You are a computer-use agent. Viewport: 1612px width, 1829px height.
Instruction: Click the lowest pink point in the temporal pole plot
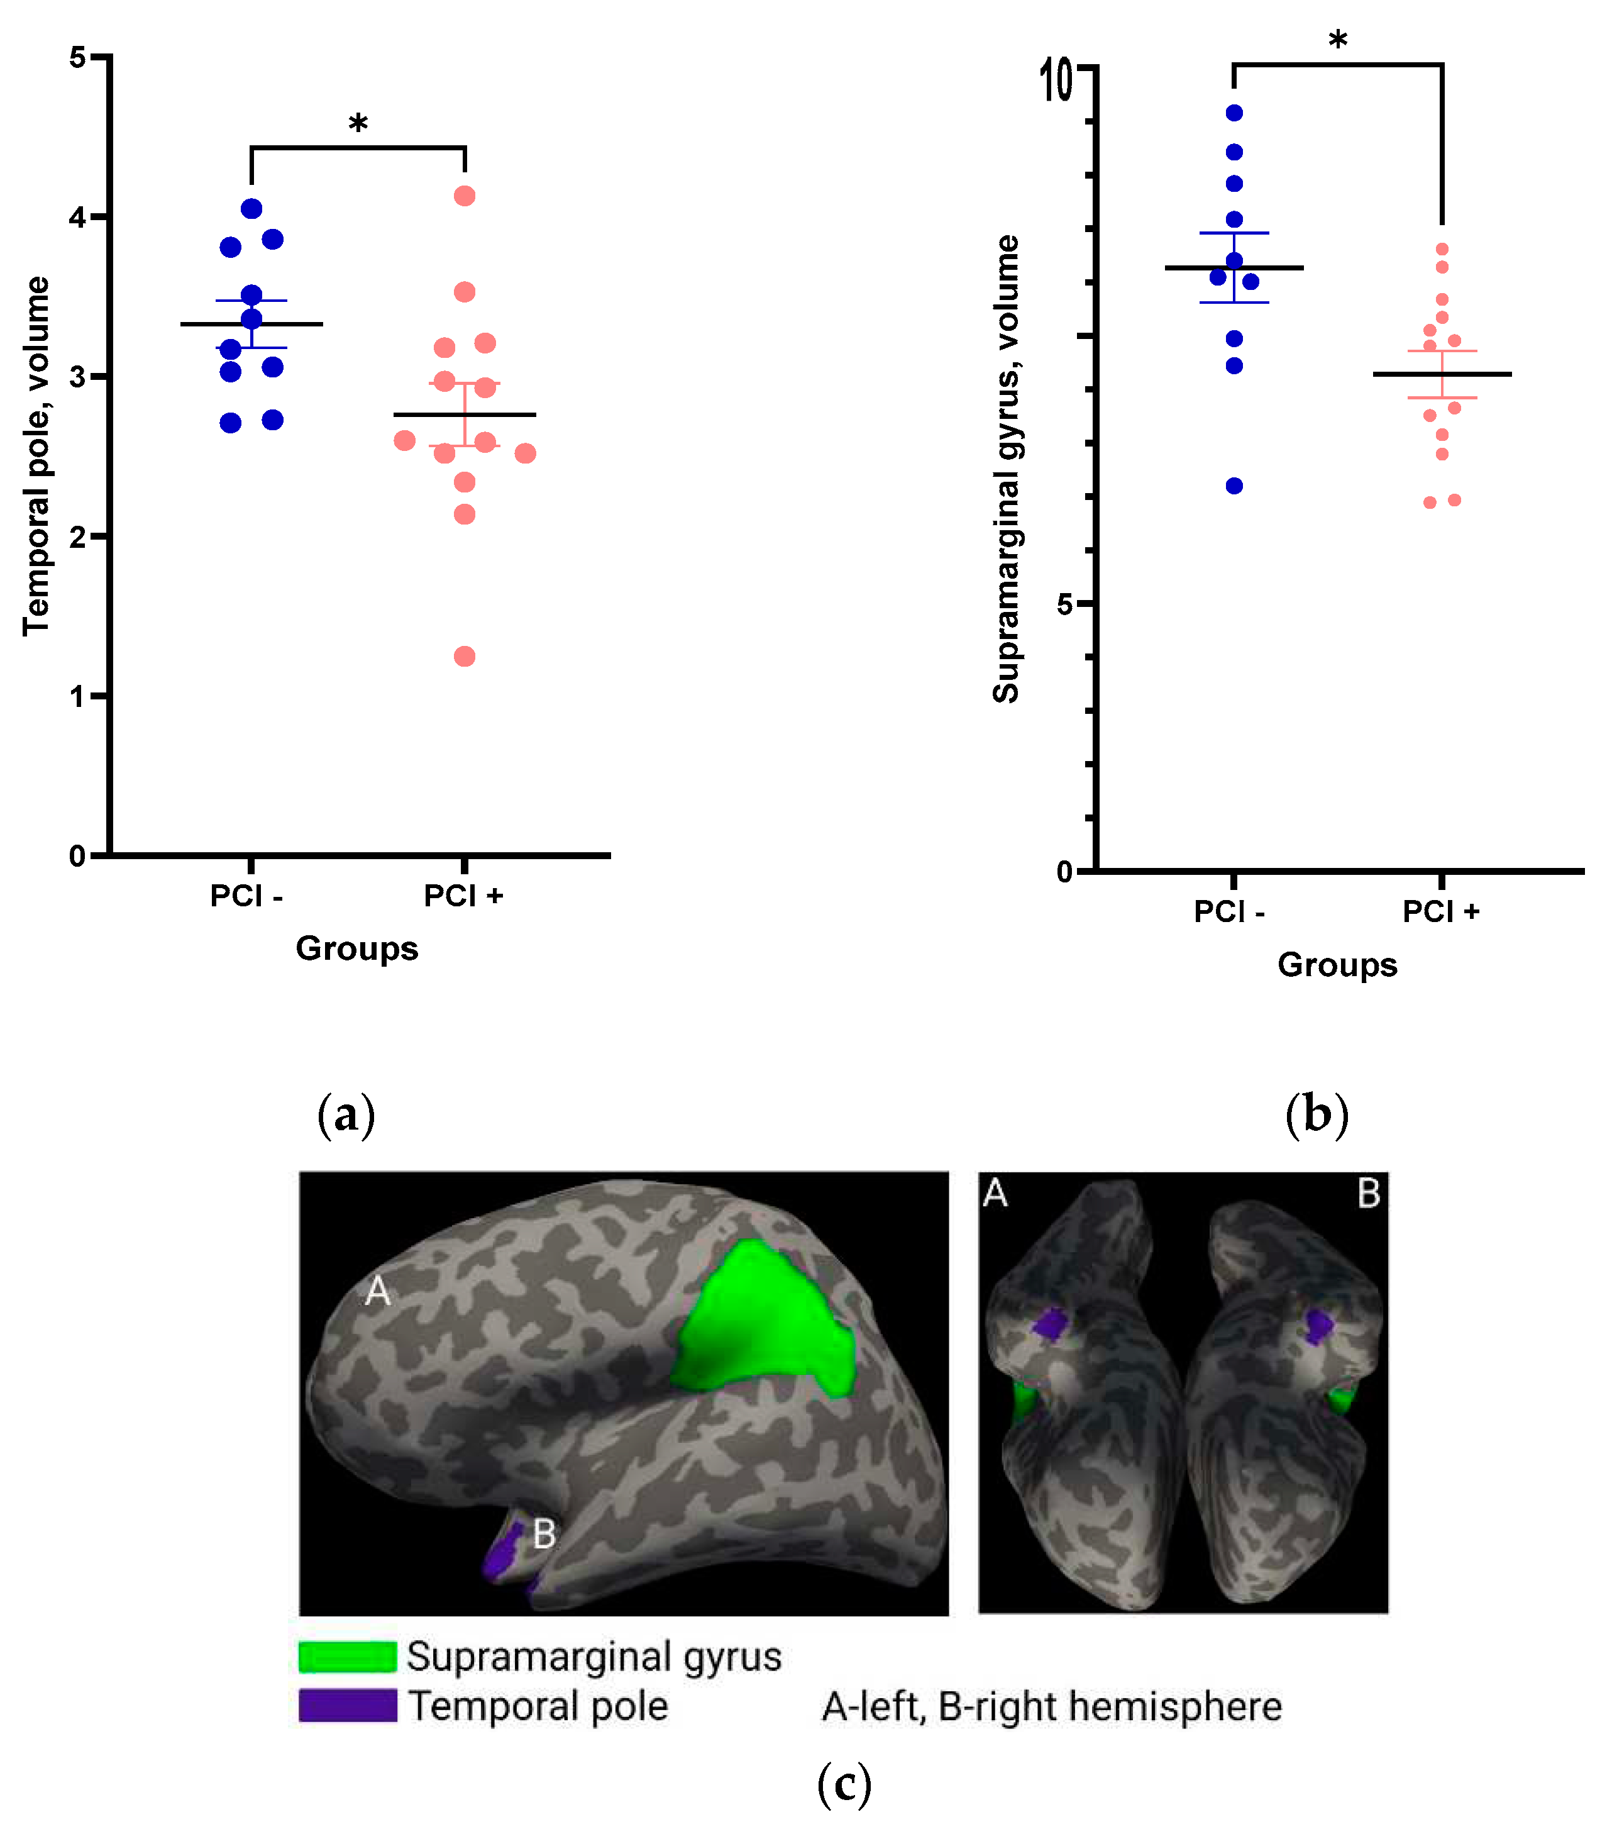click(x=464, y=657)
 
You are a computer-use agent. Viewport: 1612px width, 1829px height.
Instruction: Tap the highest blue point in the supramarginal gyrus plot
click(x=1235, y=113)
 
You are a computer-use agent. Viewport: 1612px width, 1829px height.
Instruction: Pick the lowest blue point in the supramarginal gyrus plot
click(x=1235, y=486)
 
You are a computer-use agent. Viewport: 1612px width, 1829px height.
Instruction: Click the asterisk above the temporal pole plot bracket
click(x=358, y=123)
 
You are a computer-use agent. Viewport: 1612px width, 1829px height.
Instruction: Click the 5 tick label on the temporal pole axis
click(x=78, y=58)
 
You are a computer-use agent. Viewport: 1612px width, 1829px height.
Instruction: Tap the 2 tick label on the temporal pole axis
click(x=78, y=537)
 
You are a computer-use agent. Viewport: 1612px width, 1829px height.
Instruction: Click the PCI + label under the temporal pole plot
click(x=463, y=896)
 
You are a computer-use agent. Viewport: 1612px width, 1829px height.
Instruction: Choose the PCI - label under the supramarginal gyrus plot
click(x=1229, y=912)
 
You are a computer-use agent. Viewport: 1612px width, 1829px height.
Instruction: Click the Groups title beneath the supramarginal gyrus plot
click(x=1337, y=965)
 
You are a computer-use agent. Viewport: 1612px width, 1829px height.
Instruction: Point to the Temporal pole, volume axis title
click(x=36, y=457)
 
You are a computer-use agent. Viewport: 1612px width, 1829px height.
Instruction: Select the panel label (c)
click(x=844, y=1783)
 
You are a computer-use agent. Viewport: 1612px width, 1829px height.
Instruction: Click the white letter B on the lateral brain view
click(x=544, y=1535)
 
